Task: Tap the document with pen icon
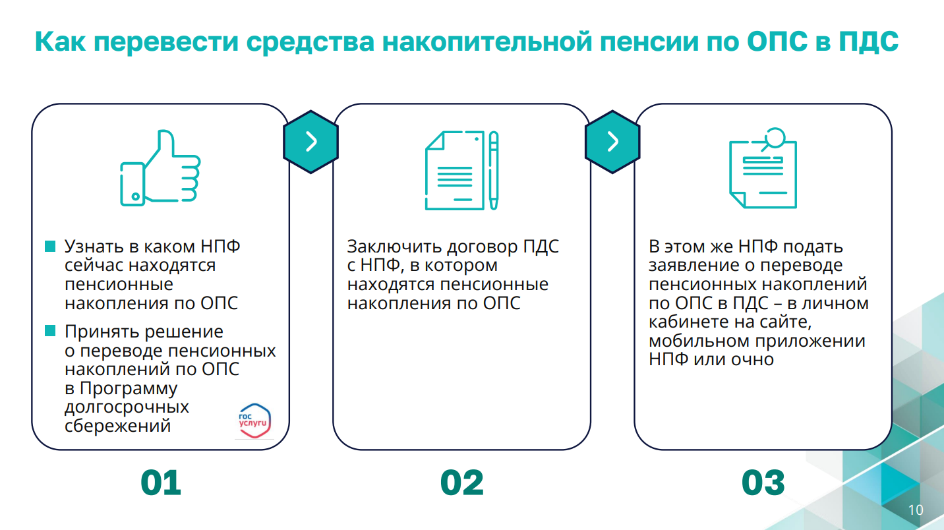[x=462, y=170]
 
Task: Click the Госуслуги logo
[x=254, y=421]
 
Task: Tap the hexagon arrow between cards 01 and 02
[x=311, y=142]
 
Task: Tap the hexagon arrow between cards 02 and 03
[x=613, y=142]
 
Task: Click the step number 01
[x=161, y=483]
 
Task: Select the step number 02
[x=462, y=483]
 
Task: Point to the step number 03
[x=763, y=483]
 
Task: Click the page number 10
[x=916, y=510]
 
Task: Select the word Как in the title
[x=60, y=42]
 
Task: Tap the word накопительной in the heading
[x=487, y=42]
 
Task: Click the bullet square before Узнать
[x=50, y=247]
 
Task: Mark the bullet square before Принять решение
[x=50, y=331]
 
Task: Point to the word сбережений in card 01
[x=117, y=427]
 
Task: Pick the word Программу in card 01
[x=129, y=389]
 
